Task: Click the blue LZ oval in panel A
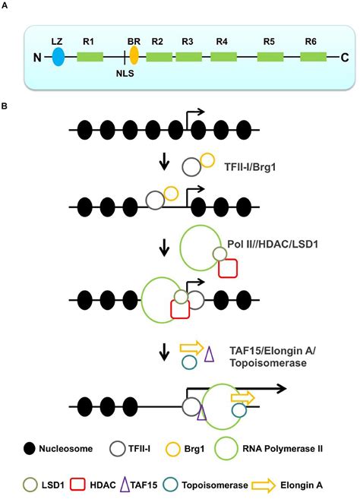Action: click(58, 56)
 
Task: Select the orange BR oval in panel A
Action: click(134, 55)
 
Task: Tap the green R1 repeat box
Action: click(90, 56)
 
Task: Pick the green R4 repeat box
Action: click(221, 56)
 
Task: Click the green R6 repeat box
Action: click(313, 56)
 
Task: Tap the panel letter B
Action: click(7, 106)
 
